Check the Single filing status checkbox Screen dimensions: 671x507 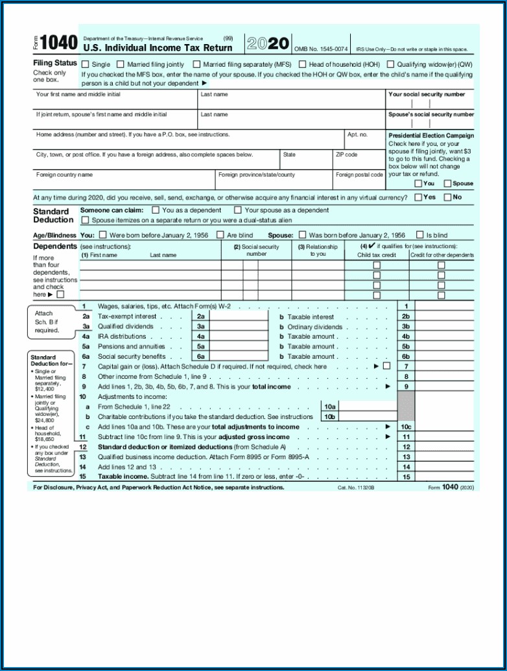point(85,64)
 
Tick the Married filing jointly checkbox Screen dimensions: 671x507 point(121,64)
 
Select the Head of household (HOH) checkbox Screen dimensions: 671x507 point(302,64)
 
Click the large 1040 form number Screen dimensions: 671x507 point(58,43)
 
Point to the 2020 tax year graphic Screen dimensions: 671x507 point(268,43)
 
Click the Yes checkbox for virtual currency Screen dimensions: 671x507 point(418,197)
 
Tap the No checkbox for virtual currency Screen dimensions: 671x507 point(447,197)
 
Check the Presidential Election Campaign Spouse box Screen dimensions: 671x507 point(447,183)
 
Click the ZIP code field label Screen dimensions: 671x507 point(346,155)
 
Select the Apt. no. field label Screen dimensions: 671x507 point(357,135)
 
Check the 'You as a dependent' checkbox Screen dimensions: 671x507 point(156,210)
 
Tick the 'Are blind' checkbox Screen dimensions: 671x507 point(220,235)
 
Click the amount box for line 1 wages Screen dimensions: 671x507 point(444,306)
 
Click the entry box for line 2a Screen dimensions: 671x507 point(239,316)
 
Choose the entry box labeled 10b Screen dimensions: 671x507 point(367,416)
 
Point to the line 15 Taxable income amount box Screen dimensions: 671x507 point(444,477)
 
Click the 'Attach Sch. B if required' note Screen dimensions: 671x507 point(47,322)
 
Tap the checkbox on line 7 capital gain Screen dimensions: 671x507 point(387,366)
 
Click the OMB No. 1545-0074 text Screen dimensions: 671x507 point(321,49)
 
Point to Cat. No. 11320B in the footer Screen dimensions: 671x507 point(356,487)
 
